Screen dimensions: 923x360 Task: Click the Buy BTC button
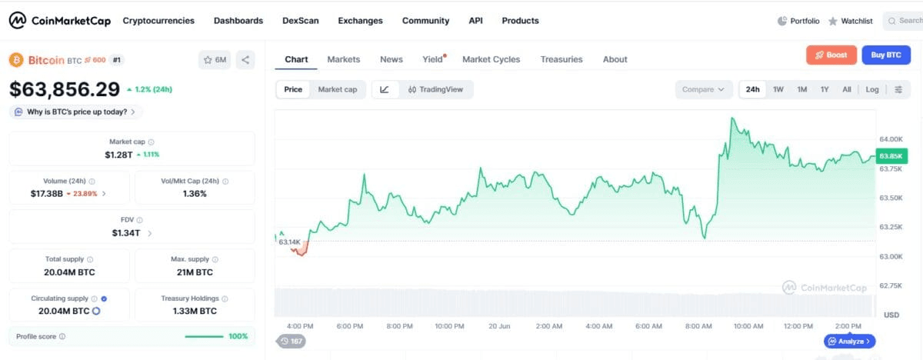(x=886, y=55)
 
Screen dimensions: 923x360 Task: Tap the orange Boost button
(x=831, y=55)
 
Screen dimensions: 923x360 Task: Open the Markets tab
(x=344, y=59)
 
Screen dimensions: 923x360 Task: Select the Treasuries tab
(x=561, y=59)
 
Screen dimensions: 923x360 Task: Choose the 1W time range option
(x=778, y=89)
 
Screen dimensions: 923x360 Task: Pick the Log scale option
(x=872, y=89)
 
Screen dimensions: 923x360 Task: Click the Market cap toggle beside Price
(x=338, y=89)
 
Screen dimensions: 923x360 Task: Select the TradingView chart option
(x=435, y=89)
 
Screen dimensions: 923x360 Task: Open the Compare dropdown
(x=703, y=89)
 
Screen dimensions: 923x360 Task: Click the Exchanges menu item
(x=360, y=21)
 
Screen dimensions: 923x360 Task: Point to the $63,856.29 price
(x=65, y=89)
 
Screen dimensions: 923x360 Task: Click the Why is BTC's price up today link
(x=77, y=112)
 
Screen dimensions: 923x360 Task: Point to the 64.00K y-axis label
(x=891, y=139)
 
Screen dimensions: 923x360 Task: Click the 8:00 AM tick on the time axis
(x=698, y=326)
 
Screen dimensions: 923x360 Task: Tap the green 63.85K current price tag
(x=891, y=156)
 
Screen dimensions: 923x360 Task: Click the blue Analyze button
(x=850, y=341)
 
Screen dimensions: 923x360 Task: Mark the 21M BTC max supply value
(x=195, y=272)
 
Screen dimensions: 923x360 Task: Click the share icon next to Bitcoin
(x=245, y=60)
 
